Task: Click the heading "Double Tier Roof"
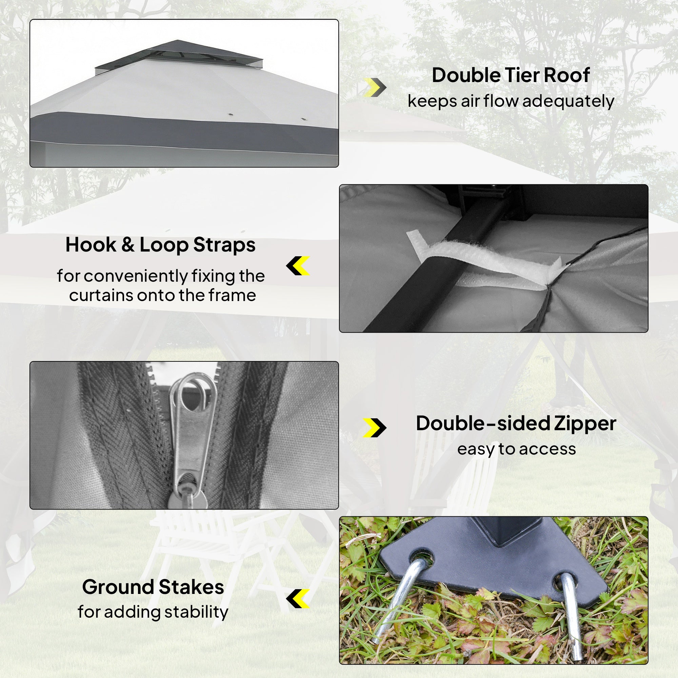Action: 511,75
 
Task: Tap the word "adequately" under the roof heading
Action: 568,101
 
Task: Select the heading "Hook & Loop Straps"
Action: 160,245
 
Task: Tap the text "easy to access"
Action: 517,449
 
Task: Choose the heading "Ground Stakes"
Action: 153,587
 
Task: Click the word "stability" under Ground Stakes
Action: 196,612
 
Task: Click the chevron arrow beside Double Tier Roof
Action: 375,87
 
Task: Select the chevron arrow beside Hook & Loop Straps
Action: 298,266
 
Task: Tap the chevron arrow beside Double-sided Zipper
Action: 375,428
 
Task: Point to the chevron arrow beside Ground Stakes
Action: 298,599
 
